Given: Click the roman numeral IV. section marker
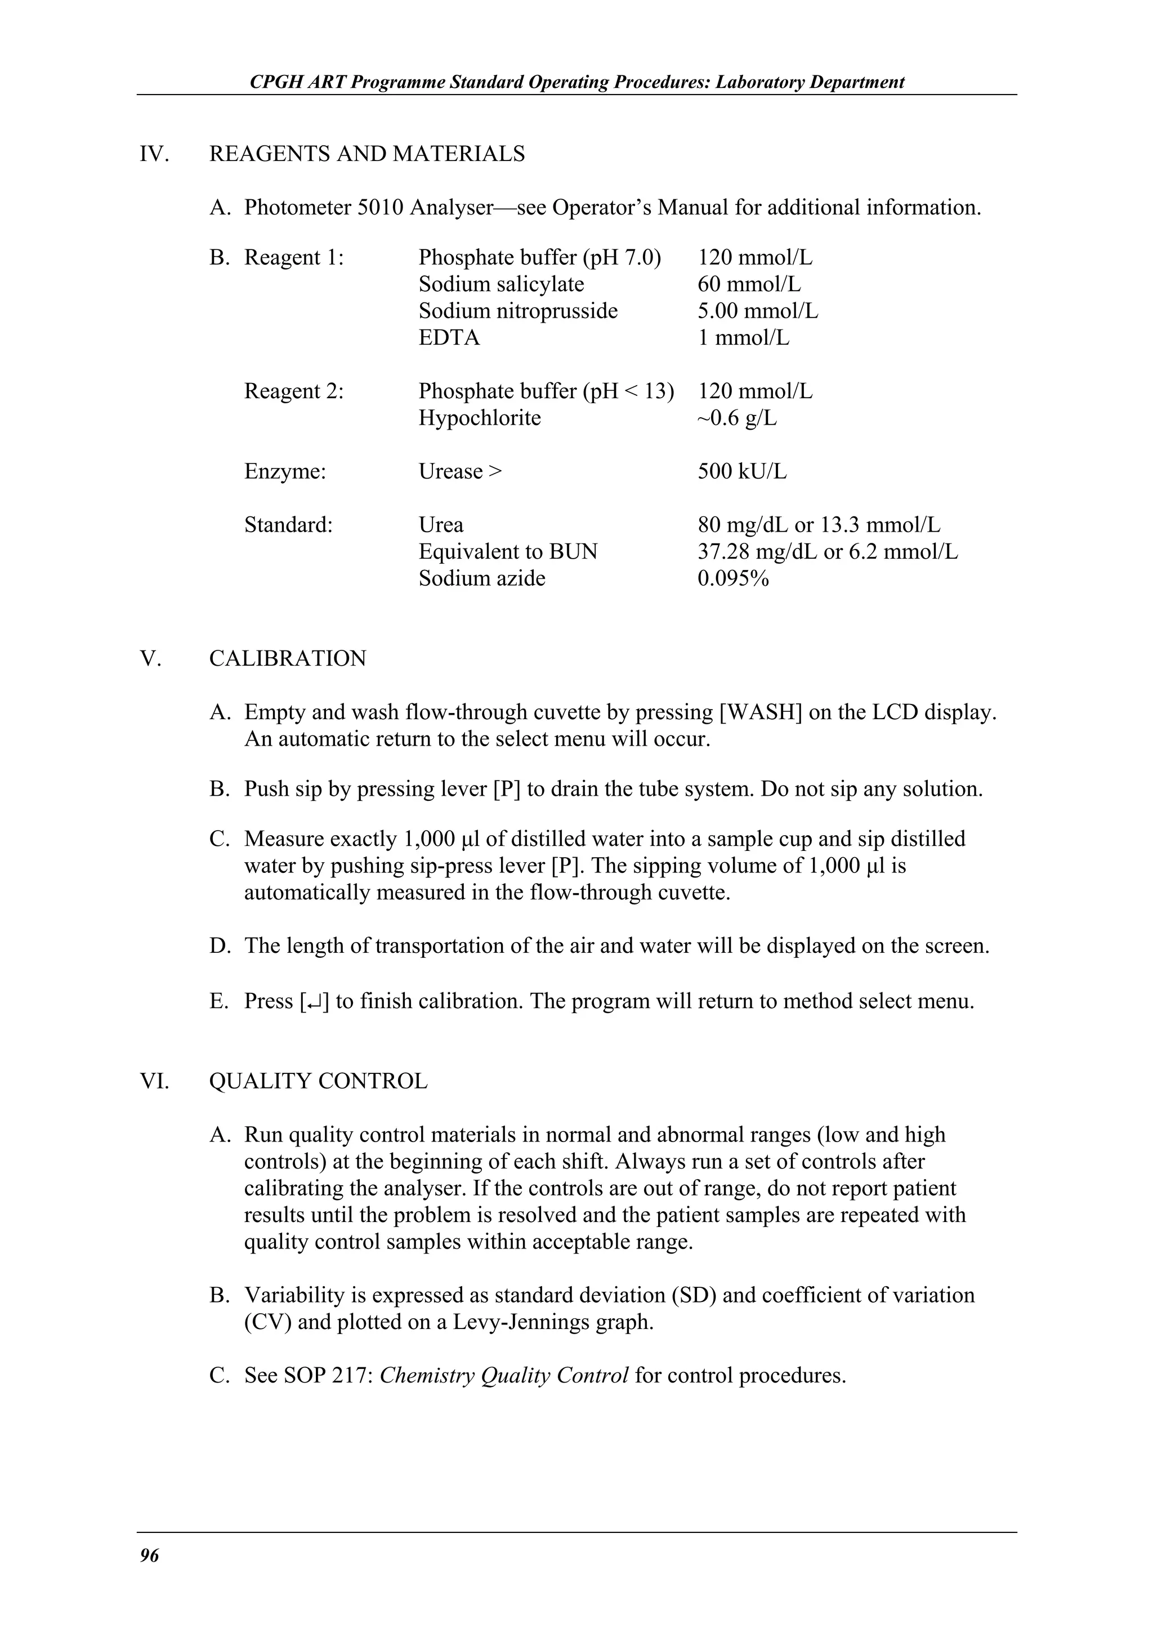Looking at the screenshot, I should click(154, 154).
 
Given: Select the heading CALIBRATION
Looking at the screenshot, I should click(288, 658).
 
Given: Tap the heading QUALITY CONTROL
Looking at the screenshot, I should click(318, 1081).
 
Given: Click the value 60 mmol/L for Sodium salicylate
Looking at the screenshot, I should click(749, 284).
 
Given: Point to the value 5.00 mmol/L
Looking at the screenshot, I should click(757, 311).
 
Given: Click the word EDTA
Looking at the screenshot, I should click(449, 338).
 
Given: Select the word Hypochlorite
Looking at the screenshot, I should click(480, 418).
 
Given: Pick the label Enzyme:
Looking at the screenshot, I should click(285, 472).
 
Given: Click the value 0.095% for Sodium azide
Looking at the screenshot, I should click(733, 578).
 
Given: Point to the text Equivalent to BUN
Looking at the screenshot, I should click(508, 551).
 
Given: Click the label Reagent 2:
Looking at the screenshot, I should click(293, 391).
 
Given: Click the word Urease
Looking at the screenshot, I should click(450, 472).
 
